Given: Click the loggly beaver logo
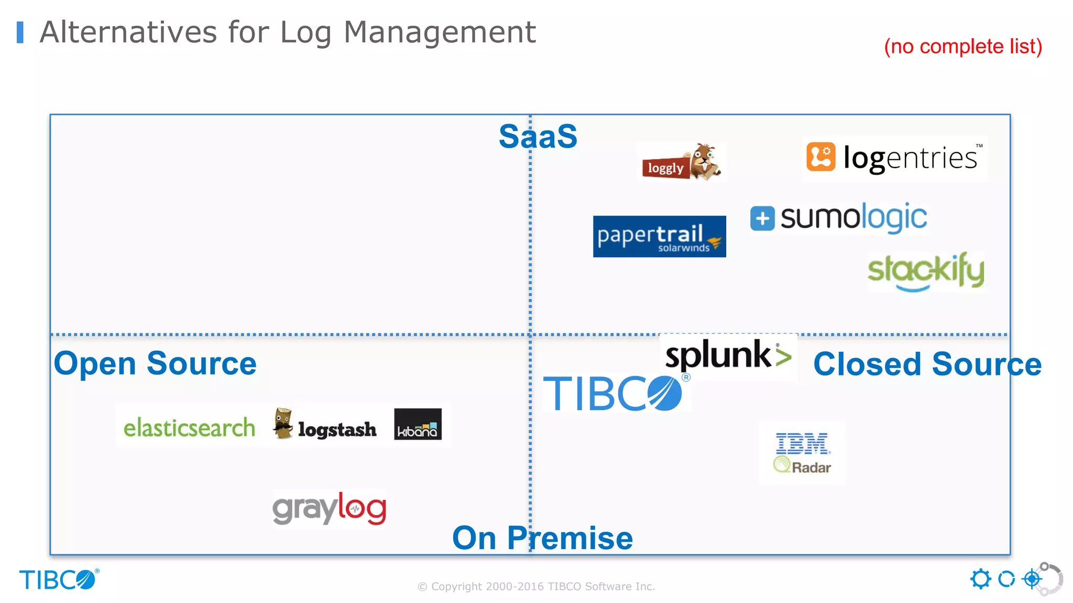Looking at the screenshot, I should (681, 162).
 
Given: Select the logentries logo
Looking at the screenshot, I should (894, 158).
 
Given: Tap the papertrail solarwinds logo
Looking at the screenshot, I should (659, 237).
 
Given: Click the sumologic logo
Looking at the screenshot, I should (838, 218).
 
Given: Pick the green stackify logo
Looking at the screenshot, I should (926, 271).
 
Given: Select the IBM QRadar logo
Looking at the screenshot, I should (802, 453).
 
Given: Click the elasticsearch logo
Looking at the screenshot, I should (189, 428).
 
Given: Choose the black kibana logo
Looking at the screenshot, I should (418, 425).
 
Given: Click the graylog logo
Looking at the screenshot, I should (330, 508).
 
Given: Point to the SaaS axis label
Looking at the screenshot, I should (538, 137).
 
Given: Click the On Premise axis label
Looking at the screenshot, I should (542, 538).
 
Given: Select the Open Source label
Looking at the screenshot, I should (155, 363).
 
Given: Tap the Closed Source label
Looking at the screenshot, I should (927, 364).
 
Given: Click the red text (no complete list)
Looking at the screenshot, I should (963, 47).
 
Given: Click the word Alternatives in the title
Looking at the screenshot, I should (128, 32).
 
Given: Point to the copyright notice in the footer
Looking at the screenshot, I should (536, 586).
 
